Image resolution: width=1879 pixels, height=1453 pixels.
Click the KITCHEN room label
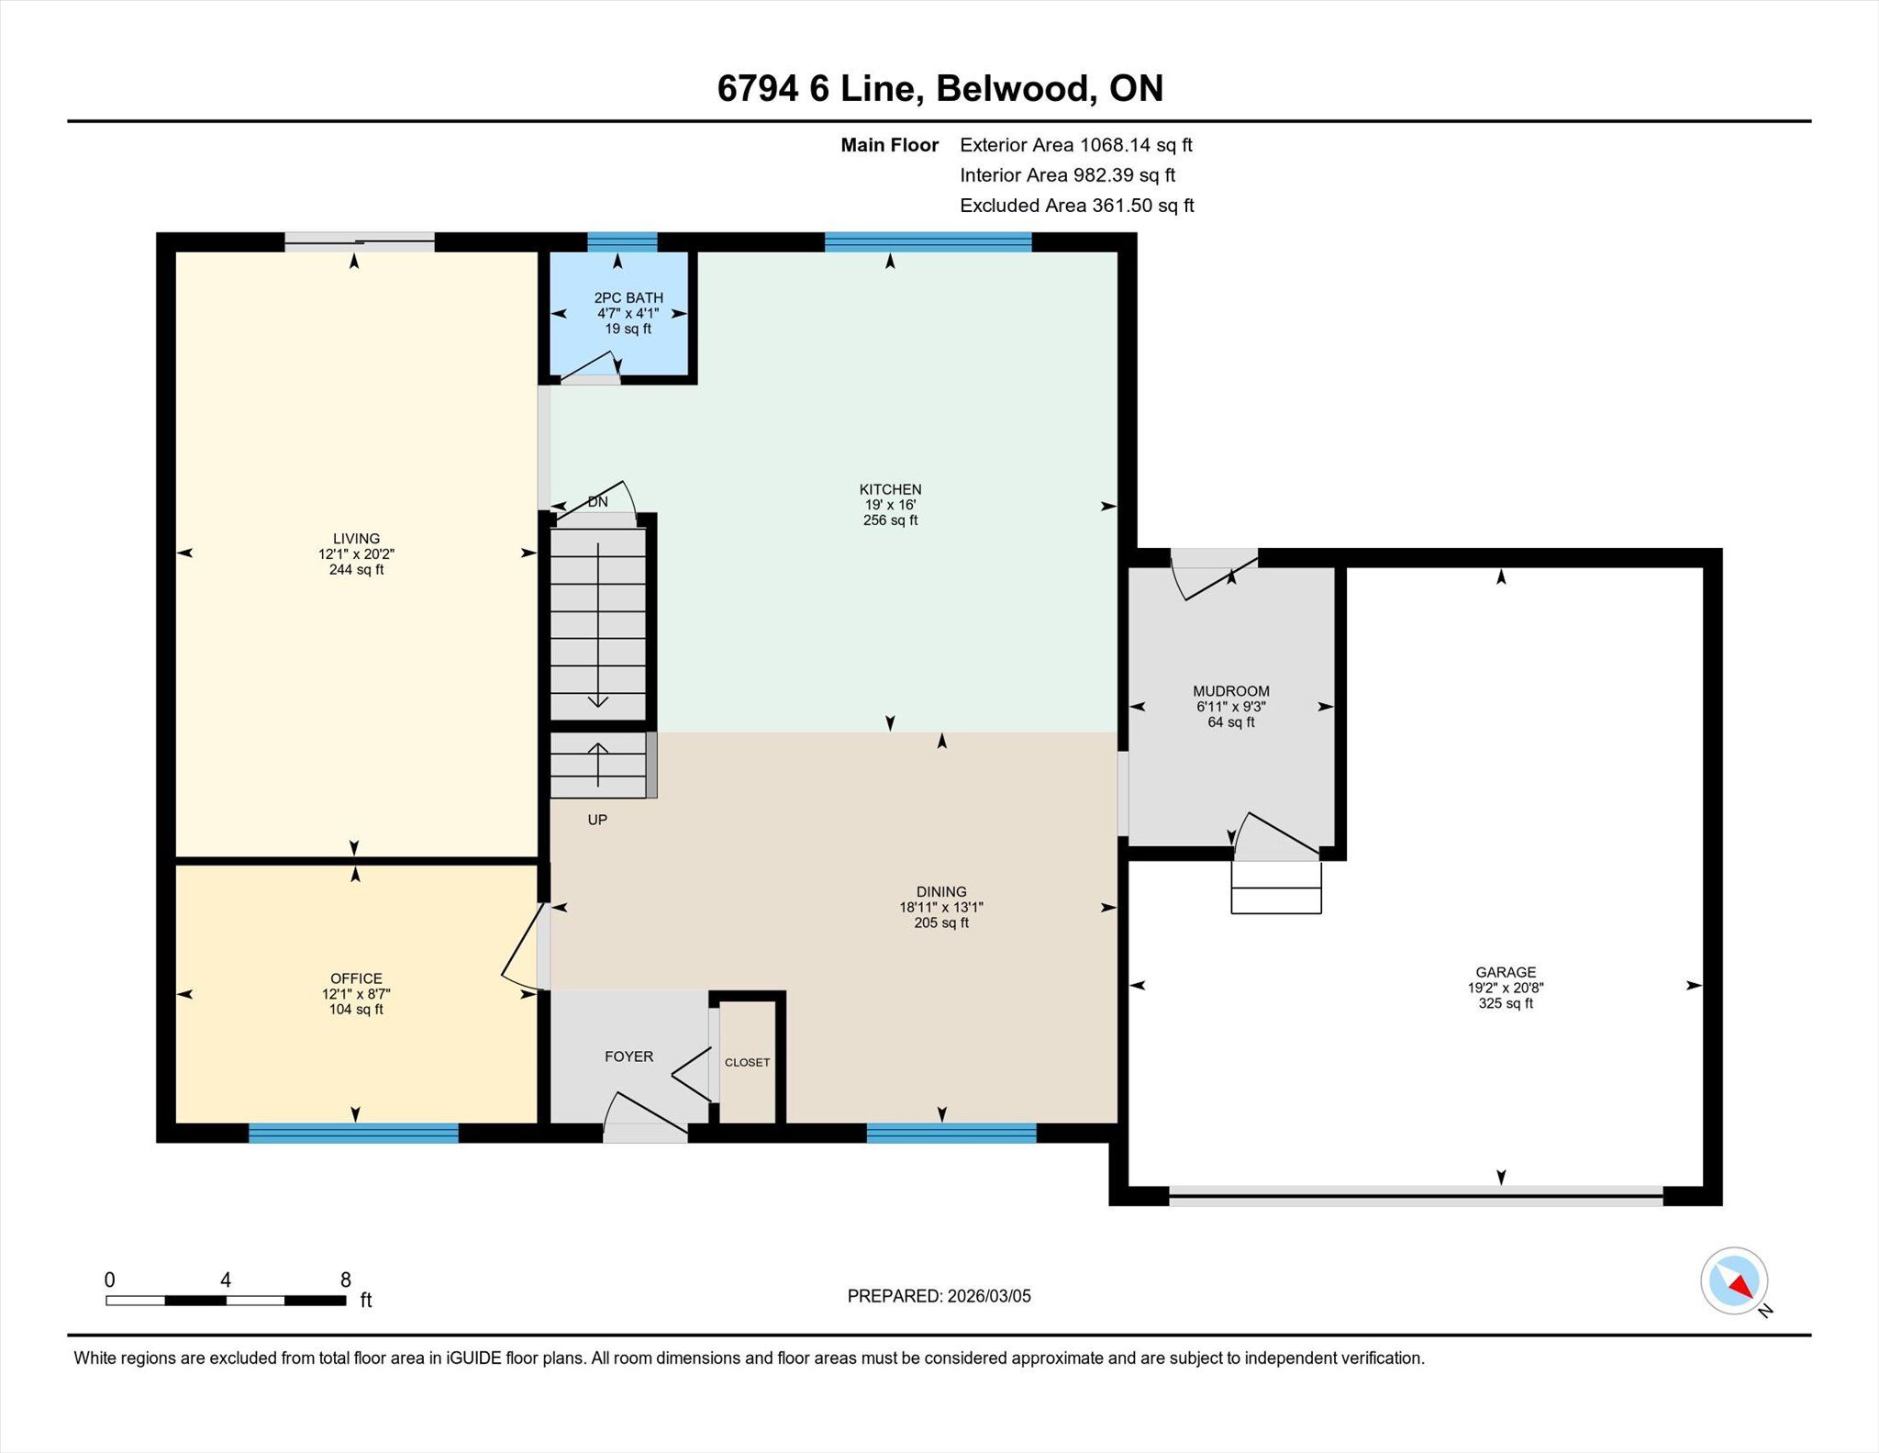(890, 489)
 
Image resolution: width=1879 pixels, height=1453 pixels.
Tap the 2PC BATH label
(628, 297)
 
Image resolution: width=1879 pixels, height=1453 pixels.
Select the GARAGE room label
(1506, 972)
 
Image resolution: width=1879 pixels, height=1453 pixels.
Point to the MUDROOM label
(1231, 691)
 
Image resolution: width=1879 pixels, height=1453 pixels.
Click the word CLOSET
(748, 1062)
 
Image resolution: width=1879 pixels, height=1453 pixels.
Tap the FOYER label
(629, 1056)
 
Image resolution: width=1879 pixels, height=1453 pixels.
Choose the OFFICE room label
(357, 978)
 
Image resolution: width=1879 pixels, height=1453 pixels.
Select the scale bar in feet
(226, 1300)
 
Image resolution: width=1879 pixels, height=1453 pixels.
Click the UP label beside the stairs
(597, 820)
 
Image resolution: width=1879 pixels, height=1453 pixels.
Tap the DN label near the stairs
(597, 501)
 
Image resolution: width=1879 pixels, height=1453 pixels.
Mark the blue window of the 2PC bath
(622, 242)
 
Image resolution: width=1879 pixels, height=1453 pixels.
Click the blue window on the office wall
(353, 1133)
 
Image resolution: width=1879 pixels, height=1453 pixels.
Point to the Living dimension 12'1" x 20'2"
(357, 554)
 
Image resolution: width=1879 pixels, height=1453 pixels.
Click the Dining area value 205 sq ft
(941, 922)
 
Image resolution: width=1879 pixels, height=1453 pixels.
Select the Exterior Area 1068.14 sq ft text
(1076, 145)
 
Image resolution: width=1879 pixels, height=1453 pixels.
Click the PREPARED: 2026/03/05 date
(939, 1296)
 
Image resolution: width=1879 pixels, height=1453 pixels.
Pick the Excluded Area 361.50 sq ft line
(1077, 206)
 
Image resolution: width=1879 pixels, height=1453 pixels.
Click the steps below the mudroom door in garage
(1276, 887)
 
